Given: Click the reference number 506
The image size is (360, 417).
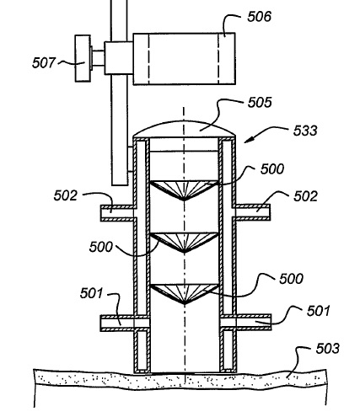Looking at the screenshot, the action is click(x=260, y=17).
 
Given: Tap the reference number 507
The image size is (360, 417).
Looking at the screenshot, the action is click(x=44, y=62).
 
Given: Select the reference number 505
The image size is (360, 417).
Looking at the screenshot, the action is click(x=260, y=103).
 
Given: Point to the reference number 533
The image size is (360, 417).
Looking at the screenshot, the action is click(x=305, y=131).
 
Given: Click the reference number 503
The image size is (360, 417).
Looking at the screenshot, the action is click(x=328, y=349).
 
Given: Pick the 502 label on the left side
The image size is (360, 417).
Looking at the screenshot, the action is click(x=65, y=195).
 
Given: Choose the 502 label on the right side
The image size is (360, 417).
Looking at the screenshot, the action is click(x=305, y=196).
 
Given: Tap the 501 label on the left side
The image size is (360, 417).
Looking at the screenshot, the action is click(x=91, y=293).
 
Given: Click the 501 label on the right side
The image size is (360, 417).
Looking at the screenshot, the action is click(x=318, y=311).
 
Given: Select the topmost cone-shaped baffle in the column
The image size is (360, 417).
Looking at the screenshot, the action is click(x=184, y=190).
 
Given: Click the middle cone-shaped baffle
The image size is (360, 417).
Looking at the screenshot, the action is click(x=184, y=243).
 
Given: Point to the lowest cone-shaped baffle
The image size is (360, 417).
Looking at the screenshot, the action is click(x=184, y=294).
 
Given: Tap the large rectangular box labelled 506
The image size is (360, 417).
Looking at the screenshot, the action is click(x=184, y=58).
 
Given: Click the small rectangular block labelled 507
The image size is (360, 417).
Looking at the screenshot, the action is click(x=83, y=58).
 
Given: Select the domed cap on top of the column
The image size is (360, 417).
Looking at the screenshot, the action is click(x=184, y=129).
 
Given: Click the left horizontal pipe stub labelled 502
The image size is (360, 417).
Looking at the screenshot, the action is click(x=117, y=213).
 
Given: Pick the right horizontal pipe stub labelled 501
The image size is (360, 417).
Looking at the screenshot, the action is click(x=246, y=323).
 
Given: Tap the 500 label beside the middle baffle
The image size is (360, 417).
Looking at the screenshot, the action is click(x=100, y=247).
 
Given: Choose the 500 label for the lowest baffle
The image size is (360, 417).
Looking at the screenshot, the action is click(x=291, y=279).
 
